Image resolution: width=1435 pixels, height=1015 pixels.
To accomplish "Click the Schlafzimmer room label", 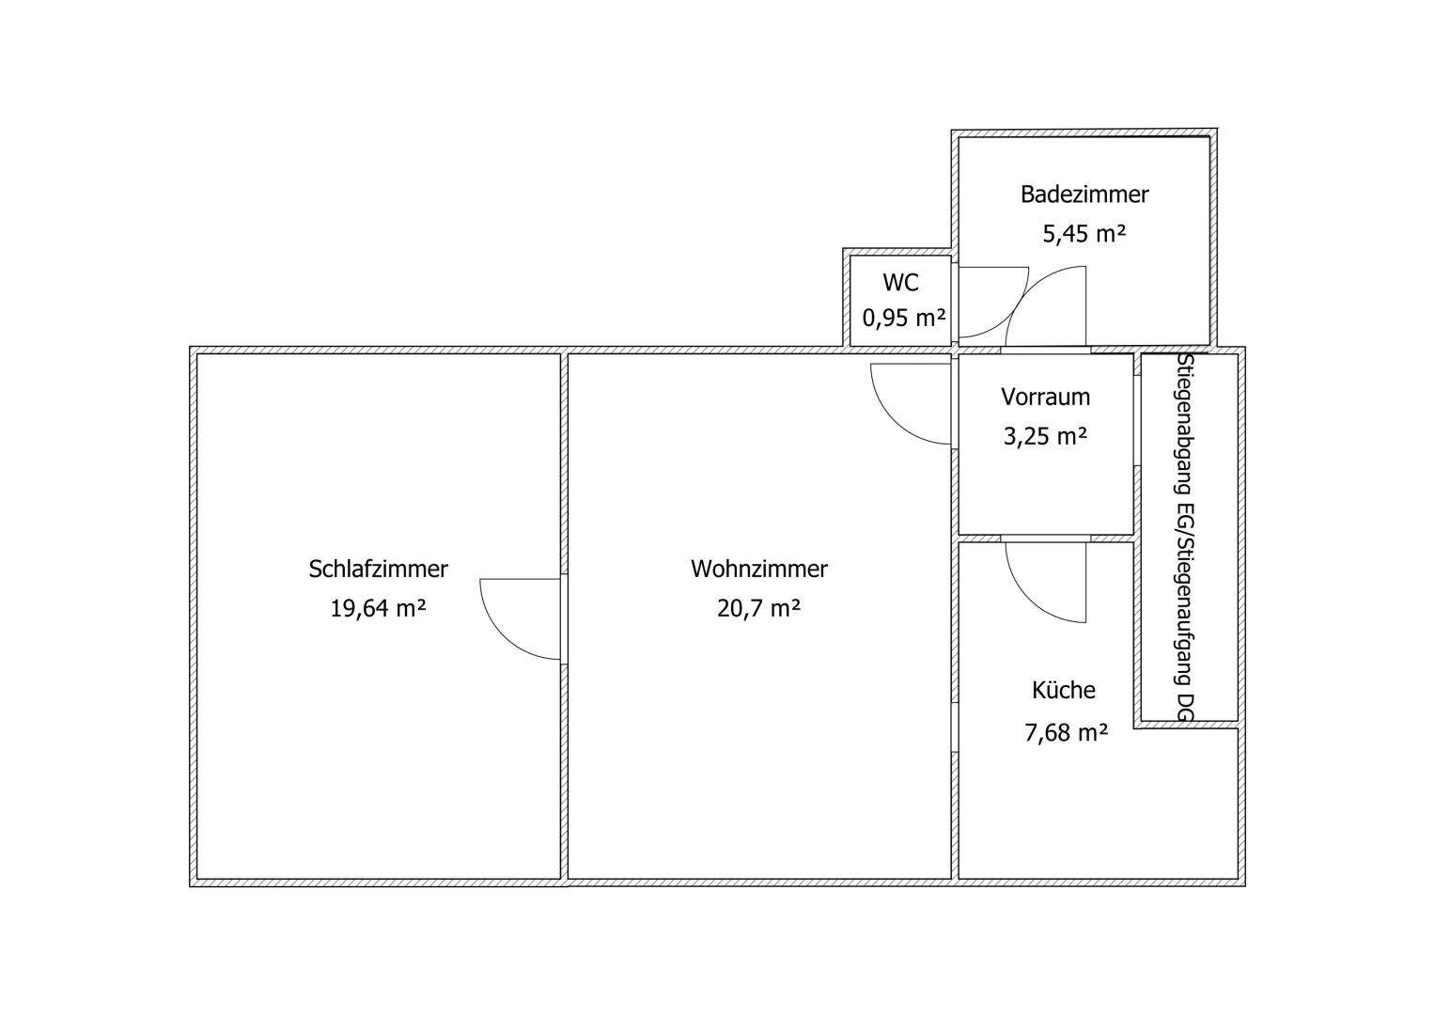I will (x=378, y=569).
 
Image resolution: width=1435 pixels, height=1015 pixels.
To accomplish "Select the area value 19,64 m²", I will (x=378, y=608).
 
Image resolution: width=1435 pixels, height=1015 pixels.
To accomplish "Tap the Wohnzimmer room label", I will (x=758, y=569).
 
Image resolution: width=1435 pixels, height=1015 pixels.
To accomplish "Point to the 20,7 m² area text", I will (x=758, y=608).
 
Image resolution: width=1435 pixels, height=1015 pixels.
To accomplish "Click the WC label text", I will (x=900, y=282).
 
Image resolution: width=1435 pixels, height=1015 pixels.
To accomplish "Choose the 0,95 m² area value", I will (x=903, y=318).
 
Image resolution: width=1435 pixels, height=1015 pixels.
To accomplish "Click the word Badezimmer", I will (x=1084, y=195).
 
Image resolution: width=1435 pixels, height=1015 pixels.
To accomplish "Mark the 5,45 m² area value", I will (x=1084, y=233).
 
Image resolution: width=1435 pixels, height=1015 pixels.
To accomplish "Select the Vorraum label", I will (x=1045, y=397).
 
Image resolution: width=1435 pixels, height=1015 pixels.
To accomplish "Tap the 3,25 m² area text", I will (x=1045, y=436).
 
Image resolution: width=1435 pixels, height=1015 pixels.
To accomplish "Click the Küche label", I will (x=1064, y=690).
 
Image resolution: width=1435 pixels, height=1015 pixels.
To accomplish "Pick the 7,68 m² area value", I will (x=1065, y=731).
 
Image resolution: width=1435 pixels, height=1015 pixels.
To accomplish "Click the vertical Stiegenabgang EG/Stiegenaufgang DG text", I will (x=1186, y=538).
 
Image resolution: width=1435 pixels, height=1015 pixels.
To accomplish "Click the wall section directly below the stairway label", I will (x=1186, y=725).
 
